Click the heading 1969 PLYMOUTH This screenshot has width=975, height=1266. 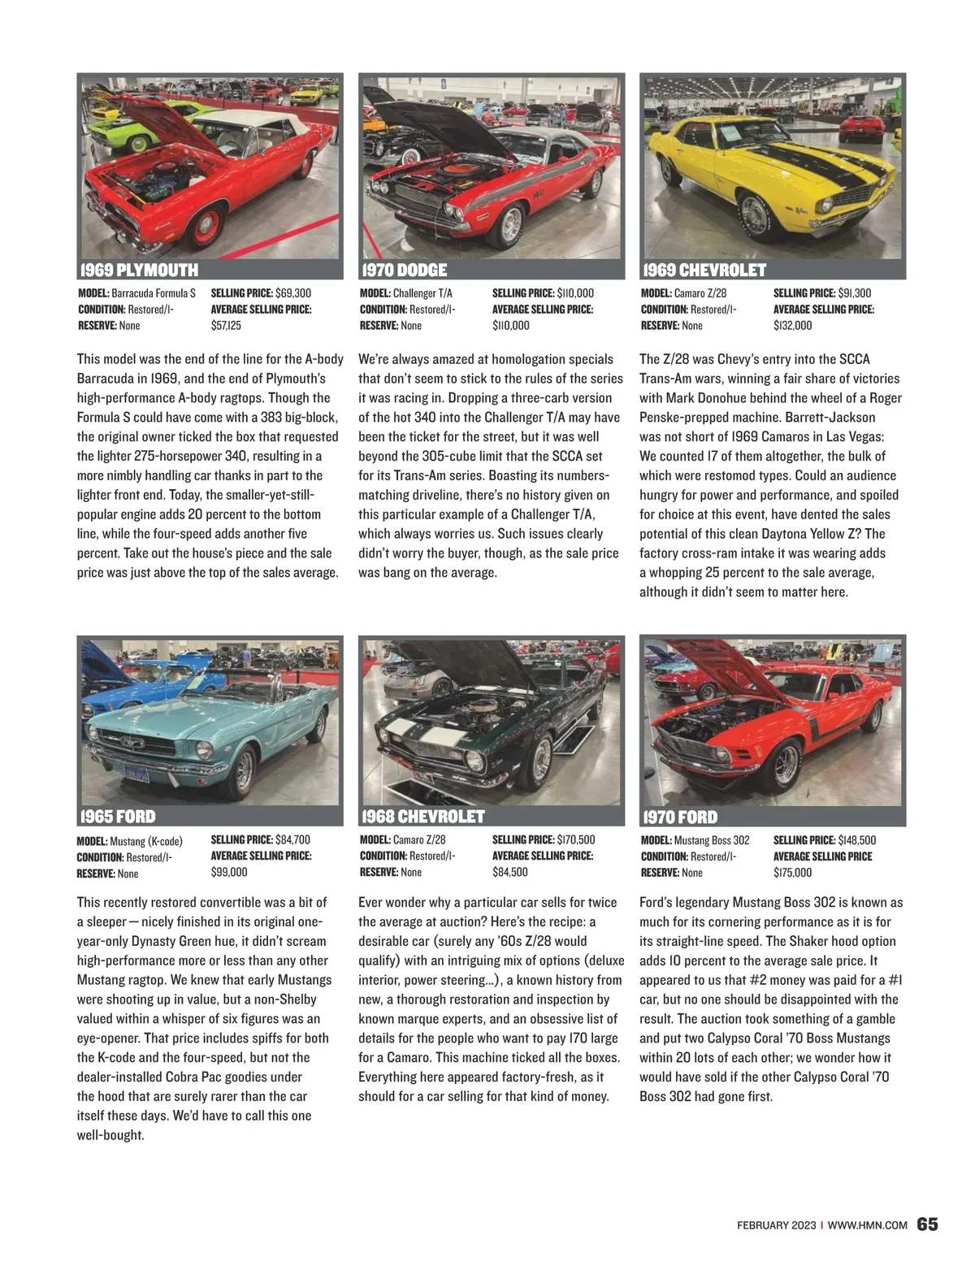point(138,270)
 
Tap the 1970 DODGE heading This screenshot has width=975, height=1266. point(405,270)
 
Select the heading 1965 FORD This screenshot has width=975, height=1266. point(118,816)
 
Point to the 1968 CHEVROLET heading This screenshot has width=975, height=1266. point(423,816)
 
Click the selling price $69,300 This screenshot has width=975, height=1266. point(293,293)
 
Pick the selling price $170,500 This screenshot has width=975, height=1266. point(576,839)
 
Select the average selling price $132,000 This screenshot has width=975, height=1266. point(792,325)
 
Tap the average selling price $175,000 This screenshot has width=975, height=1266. point(792,872)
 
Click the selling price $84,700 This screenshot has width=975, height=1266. point(292,839)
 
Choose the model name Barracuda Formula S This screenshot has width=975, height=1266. point(154,293)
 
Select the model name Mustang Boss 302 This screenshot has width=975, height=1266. point(712,839)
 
